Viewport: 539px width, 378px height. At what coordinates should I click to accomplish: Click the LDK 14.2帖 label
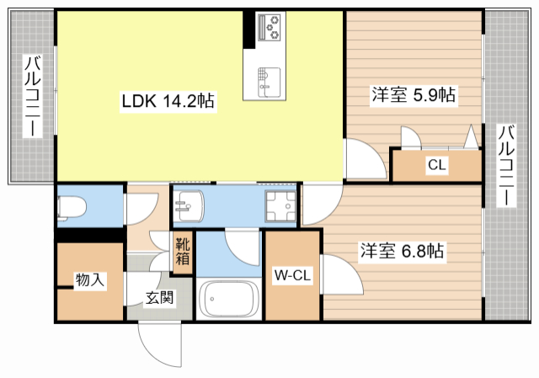tap(168, 101)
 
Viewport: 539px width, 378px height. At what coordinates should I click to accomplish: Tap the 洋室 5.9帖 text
tap(414, 95)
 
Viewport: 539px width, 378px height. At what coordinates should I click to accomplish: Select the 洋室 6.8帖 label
tap(403, 251)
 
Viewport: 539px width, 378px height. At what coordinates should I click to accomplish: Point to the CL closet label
tap(435, 165)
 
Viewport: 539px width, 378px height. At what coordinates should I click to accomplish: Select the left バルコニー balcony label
tap(34, 98)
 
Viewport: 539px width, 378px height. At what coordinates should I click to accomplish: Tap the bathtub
tap(229, 300)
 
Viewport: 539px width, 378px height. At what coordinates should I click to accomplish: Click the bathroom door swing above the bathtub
tap(244, 248)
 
